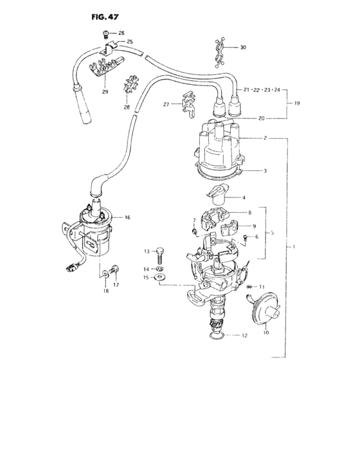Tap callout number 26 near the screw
(x=122, y=33)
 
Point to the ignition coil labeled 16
(x=95, y=230)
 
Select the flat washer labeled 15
(x=161, y=277)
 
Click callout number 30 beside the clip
(x=243, y=48)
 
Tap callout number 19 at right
(x=296, y=104)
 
